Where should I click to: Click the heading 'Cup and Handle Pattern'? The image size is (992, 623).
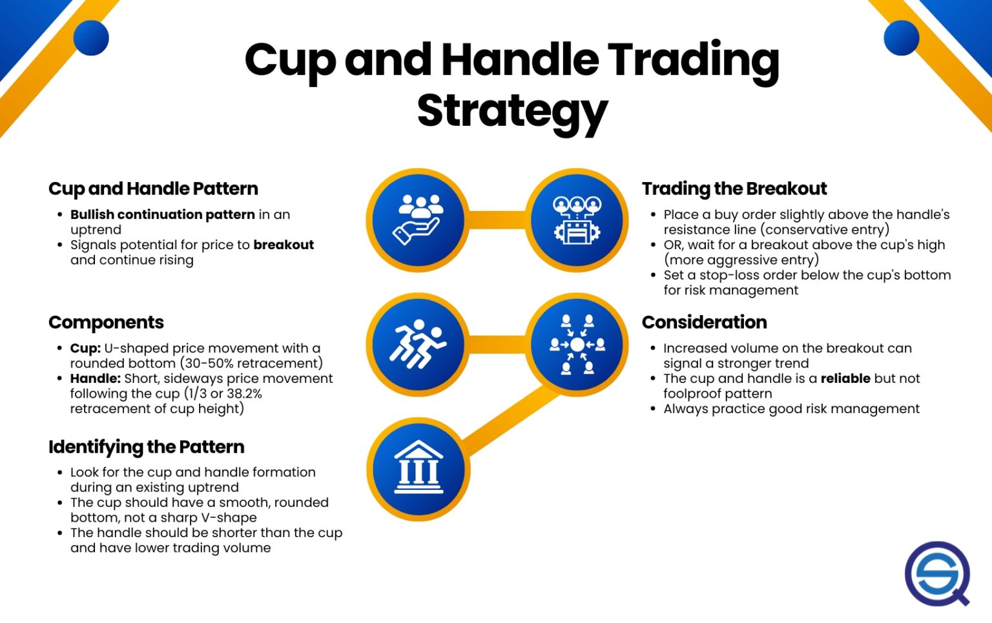click(153, 189)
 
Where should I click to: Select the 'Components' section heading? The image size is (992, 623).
click(106, 322)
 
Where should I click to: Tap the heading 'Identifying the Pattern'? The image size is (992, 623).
click(146, 447)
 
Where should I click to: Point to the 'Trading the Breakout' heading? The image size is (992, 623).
click(734, 189)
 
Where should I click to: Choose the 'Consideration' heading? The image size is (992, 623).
click(704, 322)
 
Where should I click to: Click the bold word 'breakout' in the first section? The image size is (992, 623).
click(284, 245)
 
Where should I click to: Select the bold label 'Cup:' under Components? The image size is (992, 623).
click(85, 348)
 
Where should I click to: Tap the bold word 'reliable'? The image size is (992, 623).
click(845, 378)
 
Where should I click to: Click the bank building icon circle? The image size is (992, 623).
click(418, 468)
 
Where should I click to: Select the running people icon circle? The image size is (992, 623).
click(418, 344)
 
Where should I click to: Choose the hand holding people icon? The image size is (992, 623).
click(418, 220)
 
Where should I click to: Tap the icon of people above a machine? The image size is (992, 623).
click(577, 220)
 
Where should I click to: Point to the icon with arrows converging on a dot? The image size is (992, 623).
click(577, 344)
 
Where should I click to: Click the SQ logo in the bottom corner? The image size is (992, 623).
click(937, 573)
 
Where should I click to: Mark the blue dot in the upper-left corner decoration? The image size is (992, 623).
click(91, 37)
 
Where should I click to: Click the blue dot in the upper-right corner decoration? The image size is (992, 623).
click(901, 37)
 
